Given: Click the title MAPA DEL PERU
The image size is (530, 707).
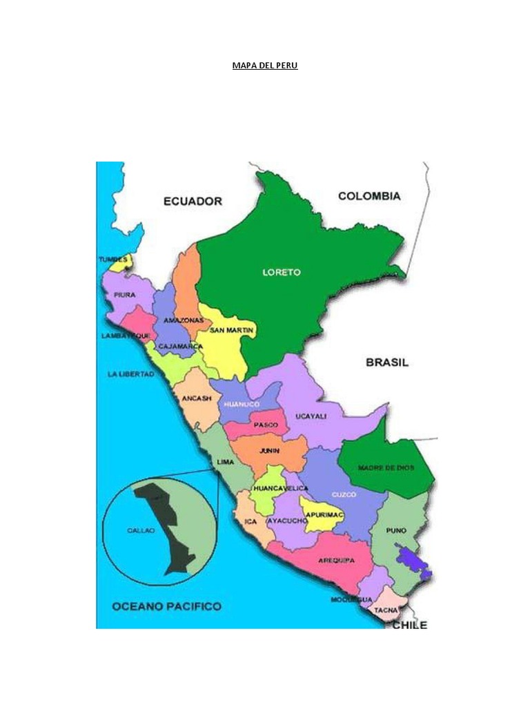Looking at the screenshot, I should tap(265, 67).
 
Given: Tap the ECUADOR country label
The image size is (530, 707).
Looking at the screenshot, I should tap(193, 201).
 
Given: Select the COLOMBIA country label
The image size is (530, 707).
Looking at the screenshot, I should tap(369, 196).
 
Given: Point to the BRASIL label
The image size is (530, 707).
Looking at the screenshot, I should tap(386, 362).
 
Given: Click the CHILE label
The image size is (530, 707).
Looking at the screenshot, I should tap(410, 625).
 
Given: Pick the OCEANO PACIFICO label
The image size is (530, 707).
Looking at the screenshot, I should tap(166, 606).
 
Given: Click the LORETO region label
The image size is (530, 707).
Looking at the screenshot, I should tap(282, 272).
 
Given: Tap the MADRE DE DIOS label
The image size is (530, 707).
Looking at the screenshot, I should tap(386, 467).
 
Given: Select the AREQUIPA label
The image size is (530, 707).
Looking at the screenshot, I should tap(336, 560).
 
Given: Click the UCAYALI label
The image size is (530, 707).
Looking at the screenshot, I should tap(311, 416).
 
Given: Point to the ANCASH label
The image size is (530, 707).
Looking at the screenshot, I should tap(196, 398).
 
